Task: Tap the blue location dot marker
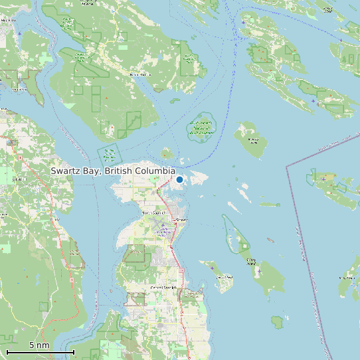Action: tap(179, 179)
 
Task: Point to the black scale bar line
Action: tap(40, 351)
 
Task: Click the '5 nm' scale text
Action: tap(39, 345)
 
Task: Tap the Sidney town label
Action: tap(181, 220)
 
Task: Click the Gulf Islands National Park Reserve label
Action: tap(202, 128)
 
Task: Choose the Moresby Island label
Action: tap(253, 140)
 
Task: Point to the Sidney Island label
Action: tap(252, 260)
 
